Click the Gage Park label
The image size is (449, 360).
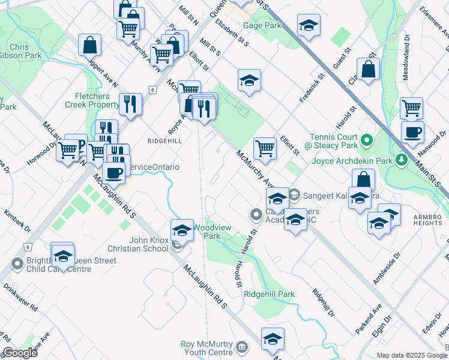click(x=262, y=26)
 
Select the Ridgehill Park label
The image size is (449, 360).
click(x=270, y=294)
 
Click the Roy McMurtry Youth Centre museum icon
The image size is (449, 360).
click(x=242, y=346)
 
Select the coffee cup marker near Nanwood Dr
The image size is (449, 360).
click(x=412, y=133)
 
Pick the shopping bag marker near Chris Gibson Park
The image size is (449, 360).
click(x=89, y=44)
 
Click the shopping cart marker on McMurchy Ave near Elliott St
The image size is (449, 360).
click(x=265, y=148)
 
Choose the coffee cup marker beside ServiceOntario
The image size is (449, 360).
click(x=113, y=173)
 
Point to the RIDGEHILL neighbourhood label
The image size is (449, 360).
click(x=164, y=140)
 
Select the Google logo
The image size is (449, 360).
click(x=20, y=353)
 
